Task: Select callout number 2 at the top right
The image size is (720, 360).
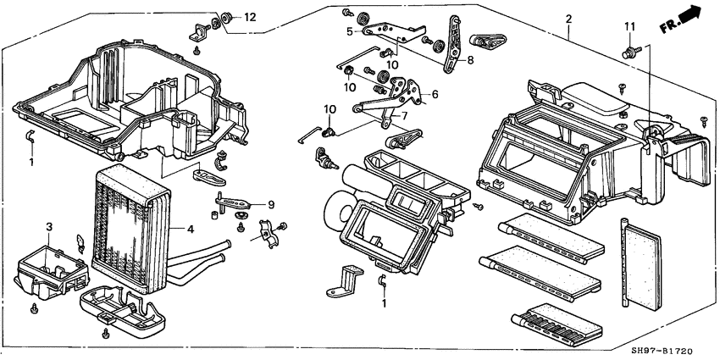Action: [568, 19]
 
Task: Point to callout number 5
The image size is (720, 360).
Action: [349, 31]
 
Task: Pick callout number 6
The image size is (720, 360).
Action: [434, 94]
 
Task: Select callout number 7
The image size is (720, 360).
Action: [404, 114]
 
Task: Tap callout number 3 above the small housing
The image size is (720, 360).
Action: [49, 226]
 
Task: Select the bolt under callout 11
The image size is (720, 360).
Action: [629, 53]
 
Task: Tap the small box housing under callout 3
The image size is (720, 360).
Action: [49, 267]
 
